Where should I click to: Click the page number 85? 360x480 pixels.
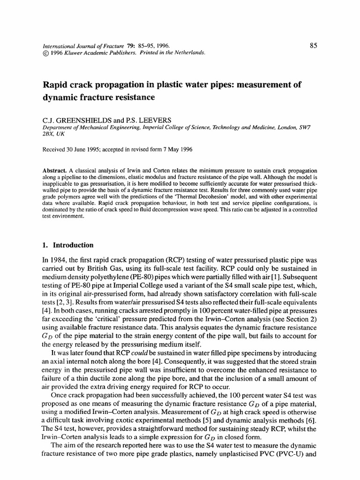point(314,45)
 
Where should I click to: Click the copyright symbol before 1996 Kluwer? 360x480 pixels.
point(45,53)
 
